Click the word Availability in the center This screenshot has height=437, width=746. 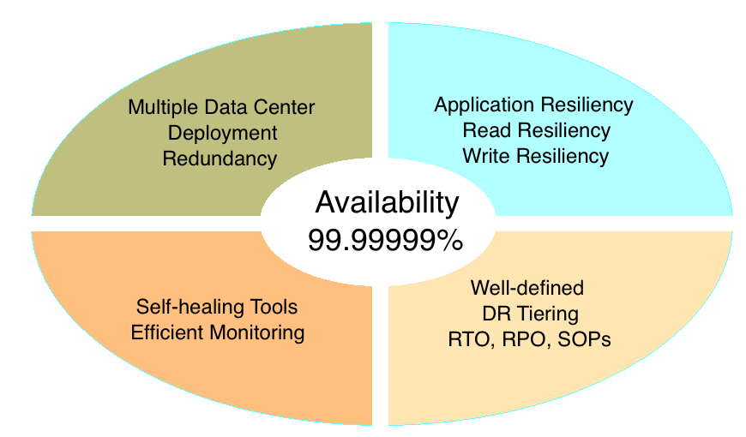387,203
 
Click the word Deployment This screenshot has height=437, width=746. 222,133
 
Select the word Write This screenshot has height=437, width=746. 486,156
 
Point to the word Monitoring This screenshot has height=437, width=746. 255,332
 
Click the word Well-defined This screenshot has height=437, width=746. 526,287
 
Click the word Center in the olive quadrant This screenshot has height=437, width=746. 285,108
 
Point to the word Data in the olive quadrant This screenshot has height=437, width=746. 223,108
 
